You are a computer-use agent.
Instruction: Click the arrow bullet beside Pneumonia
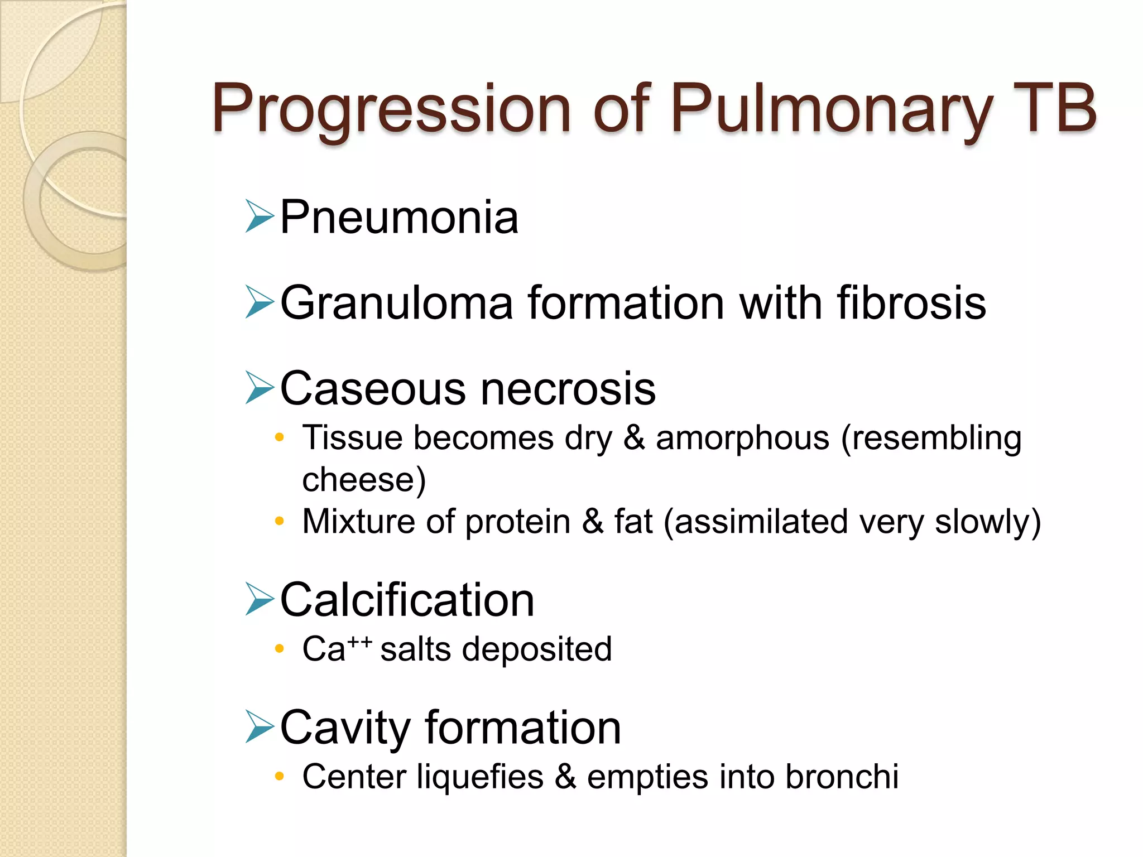pyautogui.click(x=260, y=217)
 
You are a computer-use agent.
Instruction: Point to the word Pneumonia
pyautogui.click(x=399, y=217)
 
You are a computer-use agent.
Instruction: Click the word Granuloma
pyautogui.click(x=396, y=303)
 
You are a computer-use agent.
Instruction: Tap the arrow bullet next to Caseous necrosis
pyautogui.click(x=260, y=388)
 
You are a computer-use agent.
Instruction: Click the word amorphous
pyautogui.click(x=742, y=438)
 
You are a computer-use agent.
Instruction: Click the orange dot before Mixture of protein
pyautogui.click(x=280, y=522)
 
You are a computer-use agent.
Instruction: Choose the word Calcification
pyautogui.click(x=407, y=600)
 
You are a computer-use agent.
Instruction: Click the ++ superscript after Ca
pyautogui.click(x=360, y=642)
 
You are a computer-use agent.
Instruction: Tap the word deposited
pyautogui.click(x=536, y=649)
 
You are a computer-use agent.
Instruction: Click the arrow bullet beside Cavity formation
pyautogui.click(x=260, y=728)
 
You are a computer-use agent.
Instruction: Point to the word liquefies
pyautogui.click(x=480, y=777)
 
